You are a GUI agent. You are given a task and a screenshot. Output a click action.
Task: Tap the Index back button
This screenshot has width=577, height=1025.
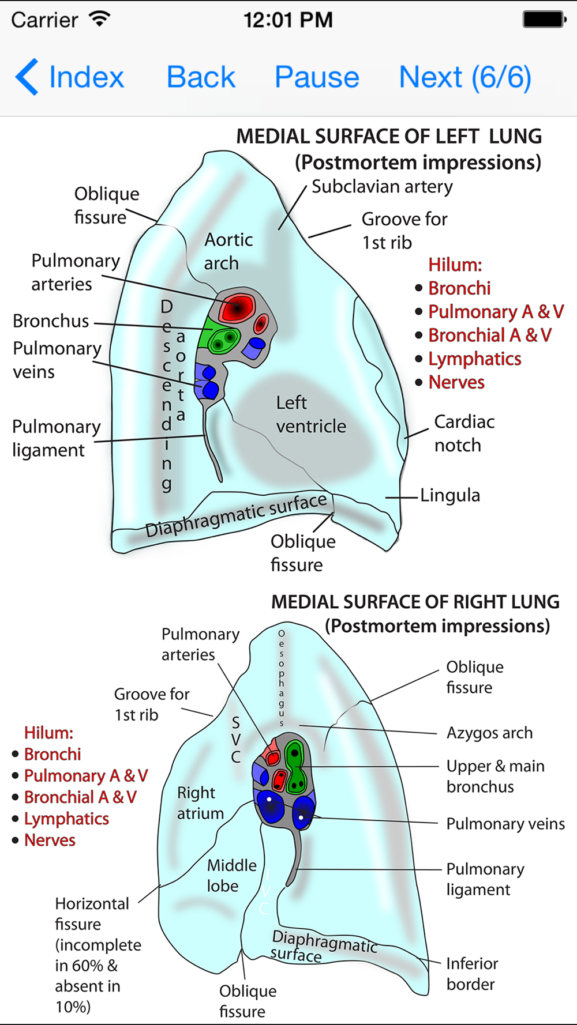[70, 77]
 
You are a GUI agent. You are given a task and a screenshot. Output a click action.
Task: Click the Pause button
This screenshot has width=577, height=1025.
[317, 77]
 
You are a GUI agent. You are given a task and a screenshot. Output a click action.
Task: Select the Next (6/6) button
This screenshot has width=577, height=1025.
[465, 77]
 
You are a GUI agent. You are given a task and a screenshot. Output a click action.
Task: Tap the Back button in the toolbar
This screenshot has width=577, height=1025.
[201, 77]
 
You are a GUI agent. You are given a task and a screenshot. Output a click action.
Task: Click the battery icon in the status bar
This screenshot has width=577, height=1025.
[545, 19]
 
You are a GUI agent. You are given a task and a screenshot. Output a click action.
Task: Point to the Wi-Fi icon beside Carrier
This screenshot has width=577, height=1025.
[100, 18]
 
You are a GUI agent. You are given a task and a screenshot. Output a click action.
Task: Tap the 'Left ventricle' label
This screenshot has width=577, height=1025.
[311, 414]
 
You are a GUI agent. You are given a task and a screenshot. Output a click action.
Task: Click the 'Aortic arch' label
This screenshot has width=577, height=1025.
[228, 251]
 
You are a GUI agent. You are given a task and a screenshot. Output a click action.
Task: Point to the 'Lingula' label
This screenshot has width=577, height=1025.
[450, 495]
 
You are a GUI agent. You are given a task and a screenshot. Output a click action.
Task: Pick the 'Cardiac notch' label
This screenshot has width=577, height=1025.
[464, 434]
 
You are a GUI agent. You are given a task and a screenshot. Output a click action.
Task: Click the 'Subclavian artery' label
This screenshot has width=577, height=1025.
[382, 187]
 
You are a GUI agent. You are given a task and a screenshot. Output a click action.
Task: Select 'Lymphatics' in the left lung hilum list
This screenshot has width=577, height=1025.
[474, 359]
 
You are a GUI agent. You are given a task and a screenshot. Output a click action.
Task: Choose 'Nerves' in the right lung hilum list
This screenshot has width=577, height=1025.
[50, 840]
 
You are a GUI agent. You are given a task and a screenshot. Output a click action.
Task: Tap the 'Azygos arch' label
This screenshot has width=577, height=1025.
[489, 733]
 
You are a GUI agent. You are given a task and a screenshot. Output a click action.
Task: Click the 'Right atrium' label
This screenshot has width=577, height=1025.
[200, 803]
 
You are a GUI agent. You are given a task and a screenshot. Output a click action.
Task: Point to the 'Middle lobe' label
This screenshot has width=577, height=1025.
[231, 875]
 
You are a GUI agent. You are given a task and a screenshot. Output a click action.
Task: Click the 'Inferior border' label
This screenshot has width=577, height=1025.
[472, 974]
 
